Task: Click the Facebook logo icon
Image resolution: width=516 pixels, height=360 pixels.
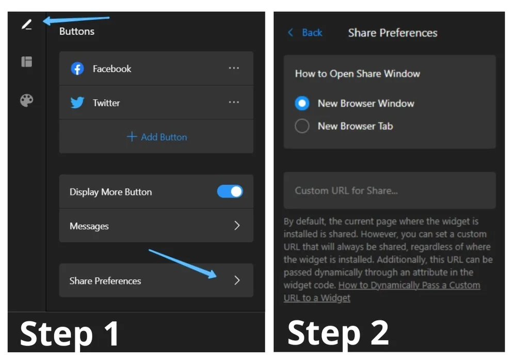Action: point(77,69)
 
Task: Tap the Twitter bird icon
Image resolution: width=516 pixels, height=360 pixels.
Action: point(77,103)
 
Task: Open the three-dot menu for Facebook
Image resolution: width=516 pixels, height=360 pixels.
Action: point(234,68)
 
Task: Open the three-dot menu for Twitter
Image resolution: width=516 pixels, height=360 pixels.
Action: point(234,102)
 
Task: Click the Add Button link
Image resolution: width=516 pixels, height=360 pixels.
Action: point(157,137)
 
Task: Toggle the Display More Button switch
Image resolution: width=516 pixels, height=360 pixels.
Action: point(230,192)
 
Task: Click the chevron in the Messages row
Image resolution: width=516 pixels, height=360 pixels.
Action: point(237,225)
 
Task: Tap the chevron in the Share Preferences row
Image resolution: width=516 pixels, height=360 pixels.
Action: point(237,280)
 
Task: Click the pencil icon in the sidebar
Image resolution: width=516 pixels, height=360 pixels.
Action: point(26,24)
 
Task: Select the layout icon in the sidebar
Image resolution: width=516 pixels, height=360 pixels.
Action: point(26,62)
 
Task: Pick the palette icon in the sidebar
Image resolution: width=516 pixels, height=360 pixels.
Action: point(26,100)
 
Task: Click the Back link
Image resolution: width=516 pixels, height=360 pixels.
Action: point(305,32)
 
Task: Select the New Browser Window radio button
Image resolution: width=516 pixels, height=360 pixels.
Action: point(302,103)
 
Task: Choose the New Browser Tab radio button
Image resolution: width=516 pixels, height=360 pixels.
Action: point(302,126)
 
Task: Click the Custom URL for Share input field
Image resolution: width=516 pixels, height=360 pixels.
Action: point(390,190)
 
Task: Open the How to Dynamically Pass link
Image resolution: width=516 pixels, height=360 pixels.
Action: point(409,285)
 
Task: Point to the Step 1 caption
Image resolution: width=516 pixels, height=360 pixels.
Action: point(70,333)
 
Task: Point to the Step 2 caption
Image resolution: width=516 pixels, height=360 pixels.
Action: point(338,333)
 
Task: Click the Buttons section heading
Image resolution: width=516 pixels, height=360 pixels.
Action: point(77,31)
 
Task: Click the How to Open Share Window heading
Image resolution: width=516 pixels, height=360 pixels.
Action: point(357,73)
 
